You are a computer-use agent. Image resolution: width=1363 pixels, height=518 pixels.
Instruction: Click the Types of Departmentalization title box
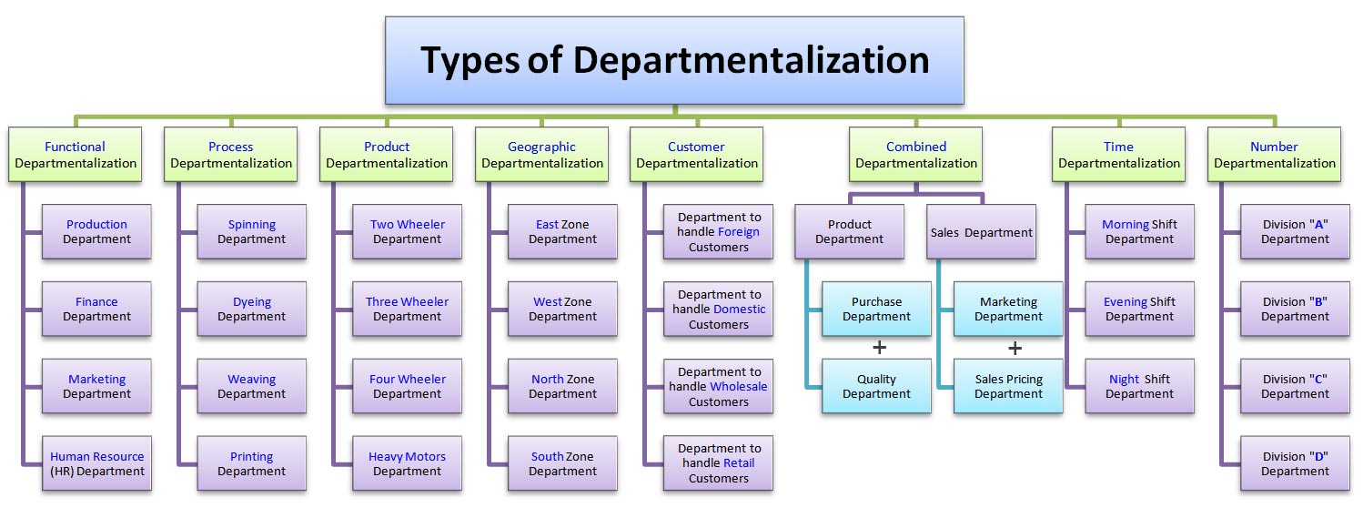tap(674, 60)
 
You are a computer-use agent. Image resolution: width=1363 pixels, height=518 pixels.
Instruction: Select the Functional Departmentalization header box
tap(76, 155)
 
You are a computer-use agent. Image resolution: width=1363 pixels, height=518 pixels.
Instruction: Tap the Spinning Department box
tap(252, 232)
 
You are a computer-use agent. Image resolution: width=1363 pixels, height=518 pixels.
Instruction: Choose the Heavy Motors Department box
tap(407, 464)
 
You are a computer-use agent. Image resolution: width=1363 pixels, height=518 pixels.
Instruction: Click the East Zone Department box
tap(562, 232)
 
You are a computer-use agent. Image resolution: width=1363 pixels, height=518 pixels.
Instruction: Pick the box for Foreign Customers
tap(718, 232)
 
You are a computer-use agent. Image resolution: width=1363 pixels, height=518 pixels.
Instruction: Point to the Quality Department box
tap(876, 387)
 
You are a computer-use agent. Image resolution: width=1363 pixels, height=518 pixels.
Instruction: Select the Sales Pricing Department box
tap(1008, 387)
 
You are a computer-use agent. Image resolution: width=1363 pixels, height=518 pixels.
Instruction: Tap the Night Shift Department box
tap(1139, 387)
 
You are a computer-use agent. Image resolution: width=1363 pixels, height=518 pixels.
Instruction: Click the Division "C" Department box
tap(1295, 387)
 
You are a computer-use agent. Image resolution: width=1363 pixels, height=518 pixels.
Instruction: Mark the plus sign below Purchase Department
tap(880, 348)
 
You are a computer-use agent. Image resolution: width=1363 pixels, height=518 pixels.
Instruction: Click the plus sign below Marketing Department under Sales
tap(1015, 348)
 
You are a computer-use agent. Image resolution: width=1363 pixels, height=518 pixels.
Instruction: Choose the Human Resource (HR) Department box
tap(96, 464)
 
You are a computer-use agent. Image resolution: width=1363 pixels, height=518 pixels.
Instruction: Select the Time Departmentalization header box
tap(1118, 155)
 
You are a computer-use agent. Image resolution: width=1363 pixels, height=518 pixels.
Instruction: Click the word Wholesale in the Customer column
tap(739, 387)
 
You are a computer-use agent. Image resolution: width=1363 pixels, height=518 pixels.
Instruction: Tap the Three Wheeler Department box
tap(407, 310)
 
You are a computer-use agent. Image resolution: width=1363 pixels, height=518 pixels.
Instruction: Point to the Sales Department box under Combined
tap(981, 232)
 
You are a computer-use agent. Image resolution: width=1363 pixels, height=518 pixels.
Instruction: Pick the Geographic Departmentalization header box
tap(542, 155)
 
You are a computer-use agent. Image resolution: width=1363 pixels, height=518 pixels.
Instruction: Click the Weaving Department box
tap(252, 387)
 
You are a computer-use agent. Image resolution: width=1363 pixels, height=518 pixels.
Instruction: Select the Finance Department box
tap(96, 310)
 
